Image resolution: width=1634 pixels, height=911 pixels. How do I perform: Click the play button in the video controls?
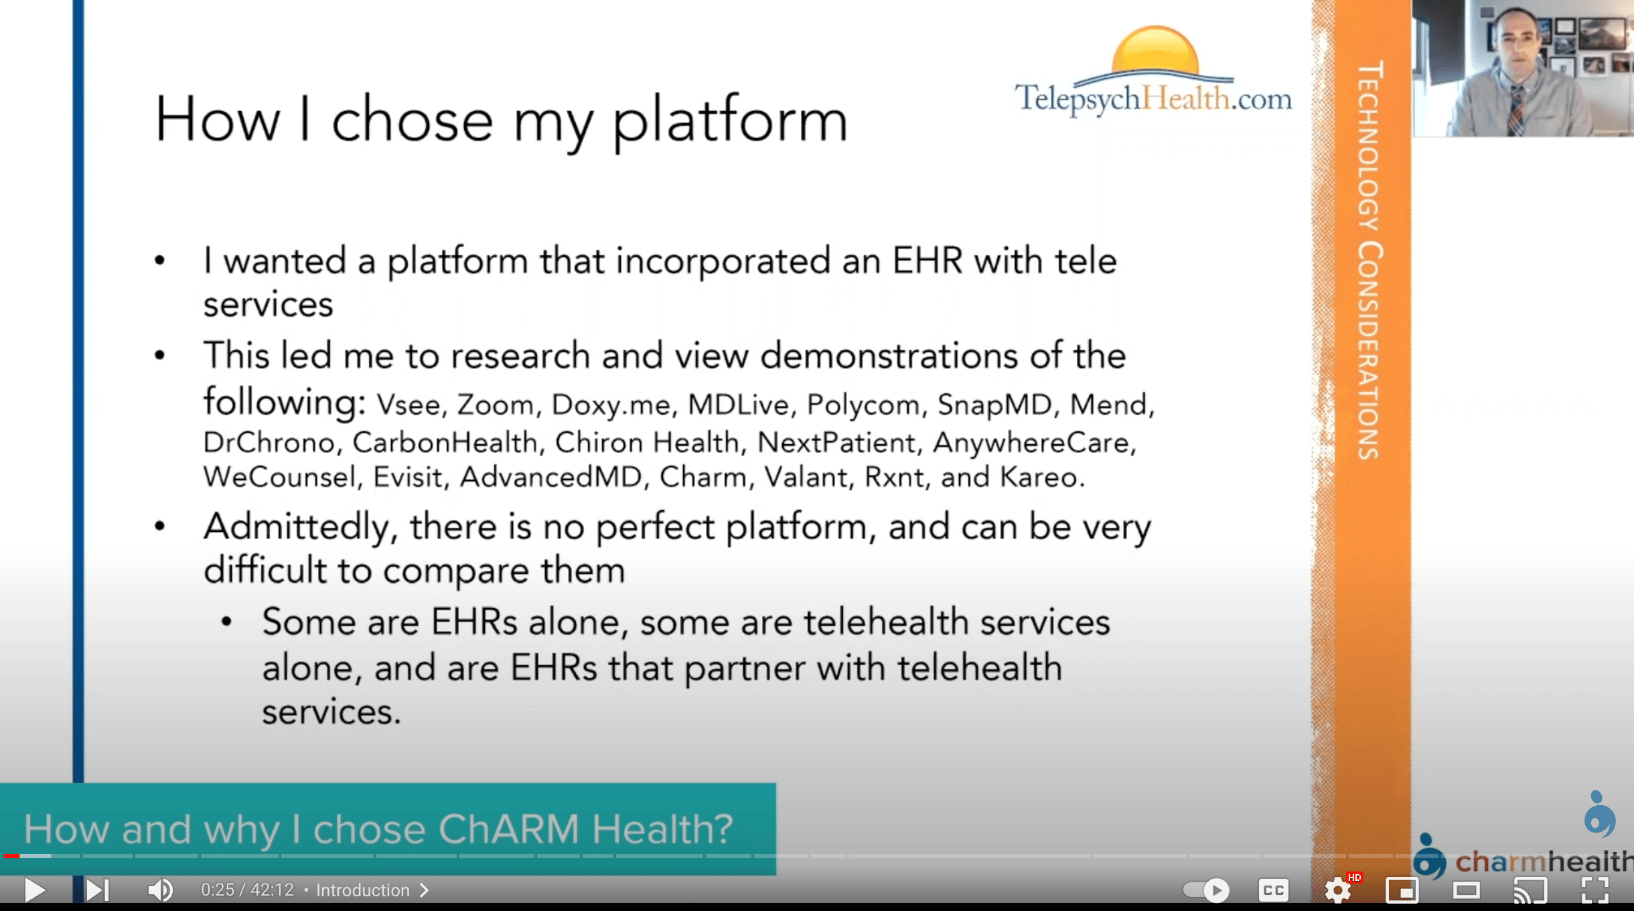pos(34,890)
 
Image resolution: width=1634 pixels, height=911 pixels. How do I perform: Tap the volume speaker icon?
pos(160,890)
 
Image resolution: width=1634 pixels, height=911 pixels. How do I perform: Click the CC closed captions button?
pos(1273,890)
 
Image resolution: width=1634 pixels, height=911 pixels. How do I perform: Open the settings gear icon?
pos(1338,890)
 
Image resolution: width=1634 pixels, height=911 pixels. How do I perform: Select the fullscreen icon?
pos(1594,890)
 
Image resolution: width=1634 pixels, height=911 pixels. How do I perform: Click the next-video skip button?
pos(97,890)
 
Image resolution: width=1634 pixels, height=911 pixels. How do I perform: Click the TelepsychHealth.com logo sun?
pos(1155,51)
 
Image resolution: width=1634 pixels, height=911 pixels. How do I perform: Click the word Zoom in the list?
pos(496,405)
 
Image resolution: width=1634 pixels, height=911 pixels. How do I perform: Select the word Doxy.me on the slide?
pos(611,405)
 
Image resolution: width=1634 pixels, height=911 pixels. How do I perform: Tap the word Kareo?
pos(1042,477)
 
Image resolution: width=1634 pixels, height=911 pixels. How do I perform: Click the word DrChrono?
pos(269,442)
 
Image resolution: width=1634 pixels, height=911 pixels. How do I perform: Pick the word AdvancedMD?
pos(550,477)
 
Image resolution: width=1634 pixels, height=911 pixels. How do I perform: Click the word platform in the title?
pos(731,121)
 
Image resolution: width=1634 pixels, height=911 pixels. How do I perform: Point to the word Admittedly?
pos(297,527)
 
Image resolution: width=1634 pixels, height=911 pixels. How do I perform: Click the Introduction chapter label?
pos(363,890)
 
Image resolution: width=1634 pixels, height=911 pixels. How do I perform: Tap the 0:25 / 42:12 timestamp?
pos(247,890)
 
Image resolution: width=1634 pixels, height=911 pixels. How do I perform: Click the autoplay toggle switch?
pos(1206,890)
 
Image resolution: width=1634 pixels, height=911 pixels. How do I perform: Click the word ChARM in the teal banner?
pos(509,829)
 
